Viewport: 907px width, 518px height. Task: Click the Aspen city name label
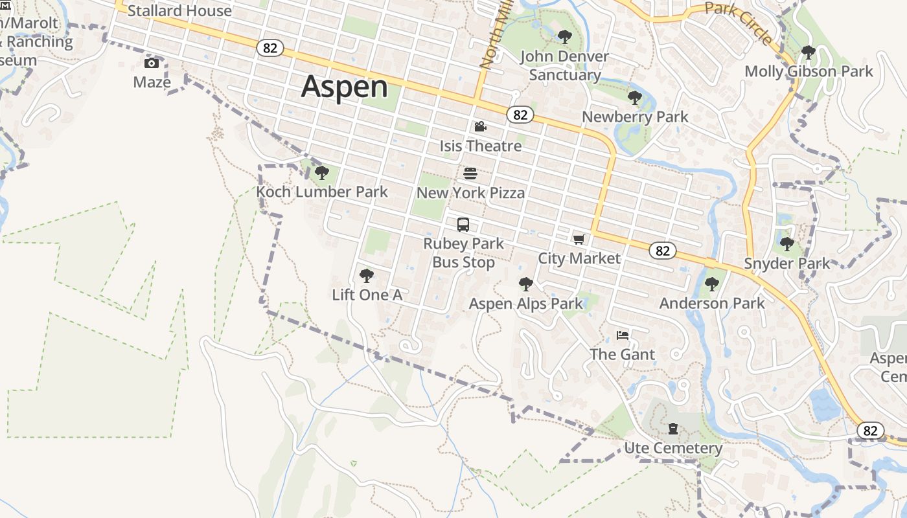tap(344, 87)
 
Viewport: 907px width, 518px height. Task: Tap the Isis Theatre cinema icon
tap(480, 127)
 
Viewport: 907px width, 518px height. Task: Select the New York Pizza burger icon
tap(470, 174)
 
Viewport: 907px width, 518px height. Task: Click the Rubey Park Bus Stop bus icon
tap(463, 225)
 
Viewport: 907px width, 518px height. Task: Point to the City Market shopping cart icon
tap(579, 239)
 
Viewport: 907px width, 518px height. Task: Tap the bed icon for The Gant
tap(623, 335)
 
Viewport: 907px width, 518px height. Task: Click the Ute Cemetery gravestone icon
tap(673, 429)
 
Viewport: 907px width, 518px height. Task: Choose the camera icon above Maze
tap(152, 63)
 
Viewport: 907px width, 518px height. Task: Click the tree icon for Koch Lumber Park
tap(321, 173)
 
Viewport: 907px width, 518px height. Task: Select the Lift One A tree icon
tap(367, 276)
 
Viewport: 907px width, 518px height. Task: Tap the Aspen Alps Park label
tap(526, 304)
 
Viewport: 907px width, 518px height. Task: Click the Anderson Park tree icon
tap(712, 284)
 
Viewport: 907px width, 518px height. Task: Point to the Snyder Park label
tap(786, 264)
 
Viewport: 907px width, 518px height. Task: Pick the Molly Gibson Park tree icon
tap(808, 52)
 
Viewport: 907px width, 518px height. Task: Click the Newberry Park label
tap(635, 117)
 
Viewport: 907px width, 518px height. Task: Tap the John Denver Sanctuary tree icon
tap(565, 37)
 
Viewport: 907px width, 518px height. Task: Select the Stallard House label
tap(179, 11)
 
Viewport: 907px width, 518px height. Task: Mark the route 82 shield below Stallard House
tap(270, 47)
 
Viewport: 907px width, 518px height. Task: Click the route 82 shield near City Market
tap(662, 251)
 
